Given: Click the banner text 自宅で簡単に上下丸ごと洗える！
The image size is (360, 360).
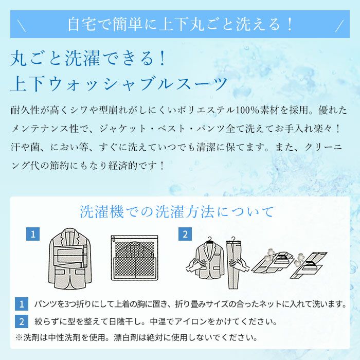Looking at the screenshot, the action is (180, 24).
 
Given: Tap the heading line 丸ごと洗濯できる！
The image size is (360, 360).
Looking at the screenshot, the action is (88, 58).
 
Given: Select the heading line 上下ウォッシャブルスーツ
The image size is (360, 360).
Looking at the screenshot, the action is (119, 83).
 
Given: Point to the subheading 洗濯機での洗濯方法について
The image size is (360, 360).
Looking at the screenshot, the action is (177, 211).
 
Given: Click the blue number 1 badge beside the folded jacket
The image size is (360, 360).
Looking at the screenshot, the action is (33, 234).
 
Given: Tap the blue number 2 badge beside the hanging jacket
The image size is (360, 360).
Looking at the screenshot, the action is (185, 234).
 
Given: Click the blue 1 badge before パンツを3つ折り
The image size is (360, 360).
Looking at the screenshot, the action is (22, 304).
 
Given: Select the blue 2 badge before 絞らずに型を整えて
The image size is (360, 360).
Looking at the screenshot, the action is (22, 321).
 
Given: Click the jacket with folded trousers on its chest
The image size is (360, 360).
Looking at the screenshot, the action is (70, 258).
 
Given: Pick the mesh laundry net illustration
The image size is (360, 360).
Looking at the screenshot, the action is (135, 258).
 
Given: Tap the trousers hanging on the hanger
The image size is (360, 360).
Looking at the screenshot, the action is (234, 263).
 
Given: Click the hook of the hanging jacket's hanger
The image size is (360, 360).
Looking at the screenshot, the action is (209, 239).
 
